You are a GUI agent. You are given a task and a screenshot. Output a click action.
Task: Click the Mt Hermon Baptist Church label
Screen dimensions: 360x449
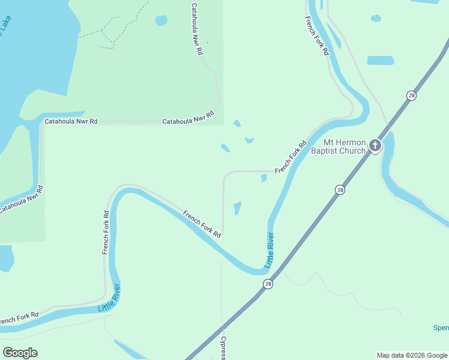point(344,146)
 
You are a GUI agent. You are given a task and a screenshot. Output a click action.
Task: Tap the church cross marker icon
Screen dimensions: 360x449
point(375,145)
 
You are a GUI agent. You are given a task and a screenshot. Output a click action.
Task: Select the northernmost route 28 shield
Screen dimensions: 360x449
point(411,95)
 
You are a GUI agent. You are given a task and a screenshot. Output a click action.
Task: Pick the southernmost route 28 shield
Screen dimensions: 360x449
point(268,284)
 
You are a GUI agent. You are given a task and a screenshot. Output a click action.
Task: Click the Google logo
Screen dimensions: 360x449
point(20,352)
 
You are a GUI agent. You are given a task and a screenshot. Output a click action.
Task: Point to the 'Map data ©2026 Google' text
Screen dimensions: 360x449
point(411,355)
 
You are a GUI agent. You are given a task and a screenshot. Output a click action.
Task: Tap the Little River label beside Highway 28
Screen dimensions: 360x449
point(270,250)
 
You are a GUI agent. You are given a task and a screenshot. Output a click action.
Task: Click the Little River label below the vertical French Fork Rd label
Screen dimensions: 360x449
point(109,298)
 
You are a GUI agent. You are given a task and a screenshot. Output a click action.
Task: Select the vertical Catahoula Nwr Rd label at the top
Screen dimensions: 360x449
point(196,29)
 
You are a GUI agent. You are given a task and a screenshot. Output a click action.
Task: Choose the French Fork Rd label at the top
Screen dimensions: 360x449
point(316,35)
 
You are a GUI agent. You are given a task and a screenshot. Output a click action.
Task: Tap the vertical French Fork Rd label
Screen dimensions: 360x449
point(106,232)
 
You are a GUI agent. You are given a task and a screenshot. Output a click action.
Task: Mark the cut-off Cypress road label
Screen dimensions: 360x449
point(223,348)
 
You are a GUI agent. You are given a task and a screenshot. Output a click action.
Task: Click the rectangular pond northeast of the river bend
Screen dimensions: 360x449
point(381,61)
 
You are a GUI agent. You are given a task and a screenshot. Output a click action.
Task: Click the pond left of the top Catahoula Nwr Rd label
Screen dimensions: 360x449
point(161,20)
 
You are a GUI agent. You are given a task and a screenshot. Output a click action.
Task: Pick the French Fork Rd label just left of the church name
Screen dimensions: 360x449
point(291,157)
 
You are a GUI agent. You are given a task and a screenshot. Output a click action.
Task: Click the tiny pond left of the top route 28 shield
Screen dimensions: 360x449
point(376,18)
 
